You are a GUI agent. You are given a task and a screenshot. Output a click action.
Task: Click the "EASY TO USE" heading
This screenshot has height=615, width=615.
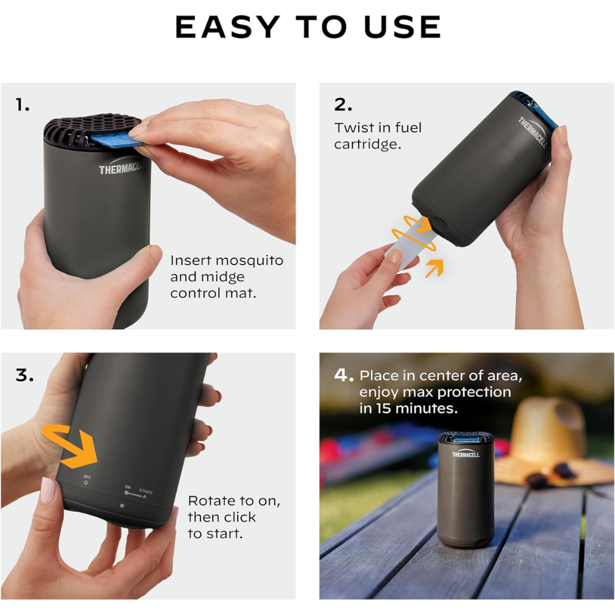tap(308, 27)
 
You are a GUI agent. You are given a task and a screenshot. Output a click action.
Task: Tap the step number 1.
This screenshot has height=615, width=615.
tap(22, 105)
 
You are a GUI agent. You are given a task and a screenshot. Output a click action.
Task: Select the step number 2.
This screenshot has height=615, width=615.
tap(343, 104)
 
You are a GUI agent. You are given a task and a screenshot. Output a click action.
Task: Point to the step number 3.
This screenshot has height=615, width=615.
tap(25, 375)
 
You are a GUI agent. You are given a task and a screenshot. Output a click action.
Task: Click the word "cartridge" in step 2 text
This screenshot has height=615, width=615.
tap(367, 144)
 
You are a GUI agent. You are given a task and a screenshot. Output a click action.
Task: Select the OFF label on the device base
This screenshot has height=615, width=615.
tap(87, 477)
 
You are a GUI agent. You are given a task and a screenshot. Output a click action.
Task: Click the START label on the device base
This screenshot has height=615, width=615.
tap(146, 492)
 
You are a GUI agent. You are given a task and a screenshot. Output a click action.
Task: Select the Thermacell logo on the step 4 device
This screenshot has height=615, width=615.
tap(466, 453)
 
